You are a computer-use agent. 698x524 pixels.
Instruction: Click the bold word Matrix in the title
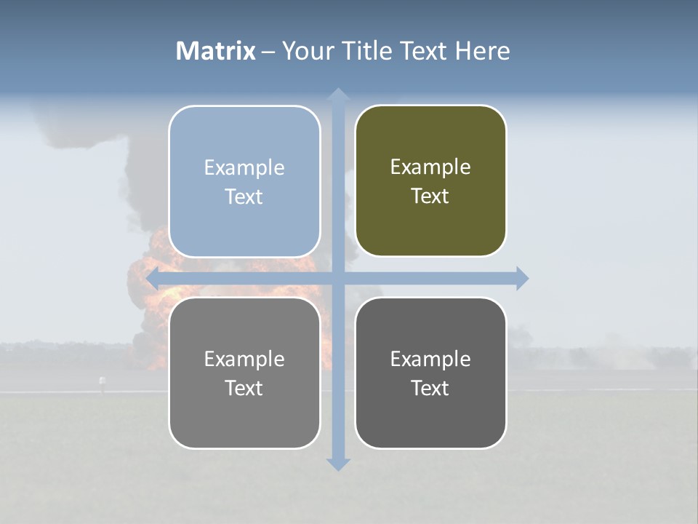point(216,51)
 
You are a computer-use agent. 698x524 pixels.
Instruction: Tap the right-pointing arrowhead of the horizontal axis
point(521,278)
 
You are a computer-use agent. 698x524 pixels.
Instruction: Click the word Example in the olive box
point(430,167)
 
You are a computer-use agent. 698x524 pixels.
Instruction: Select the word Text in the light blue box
point(244,196)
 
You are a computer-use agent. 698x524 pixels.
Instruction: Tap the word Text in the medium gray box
point(244,388)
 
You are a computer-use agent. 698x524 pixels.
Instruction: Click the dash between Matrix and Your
point(268,52)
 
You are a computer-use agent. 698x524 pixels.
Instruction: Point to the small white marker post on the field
point(102,381)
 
